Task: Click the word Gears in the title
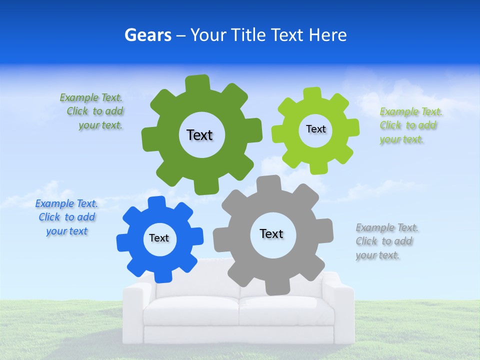point(147,35)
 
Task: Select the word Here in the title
point(327,35)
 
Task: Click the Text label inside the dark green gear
point(199,135)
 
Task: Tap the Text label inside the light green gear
point(315,129)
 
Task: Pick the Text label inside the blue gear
point(159,238)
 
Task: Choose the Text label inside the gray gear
point(271,233)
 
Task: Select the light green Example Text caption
point(410,125)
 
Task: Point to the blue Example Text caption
point(66,217)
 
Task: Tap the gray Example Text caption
point(386,241)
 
